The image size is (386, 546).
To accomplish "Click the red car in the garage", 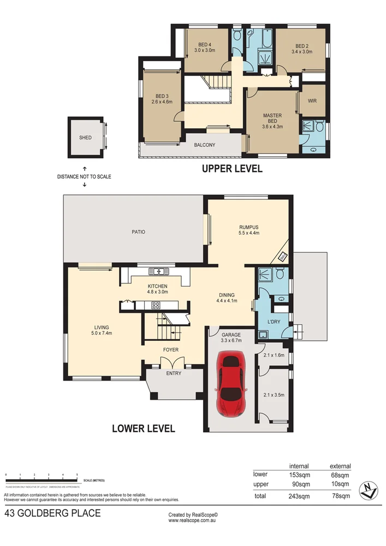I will [231, 385].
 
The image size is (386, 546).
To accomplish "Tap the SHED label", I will [85, 138].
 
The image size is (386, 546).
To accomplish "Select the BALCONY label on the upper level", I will [205, 145].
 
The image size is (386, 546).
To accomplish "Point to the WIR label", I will [312, 101].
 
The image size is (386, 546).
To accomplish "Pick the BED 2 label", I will [302, 46].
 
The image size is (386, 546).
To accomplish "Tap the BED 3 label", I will [163, 96].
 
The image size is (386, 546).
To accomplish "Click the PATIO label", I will [138, 232].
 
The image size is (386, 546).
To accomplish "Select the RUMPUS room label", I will [248, 227].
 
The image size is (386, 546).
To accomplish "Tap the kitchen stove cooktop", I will [155, 305].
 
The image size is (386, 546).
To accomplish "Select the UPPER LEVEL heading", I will [232, 169].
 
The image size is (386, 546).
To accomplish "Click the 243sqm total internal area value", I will [299, 496].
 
